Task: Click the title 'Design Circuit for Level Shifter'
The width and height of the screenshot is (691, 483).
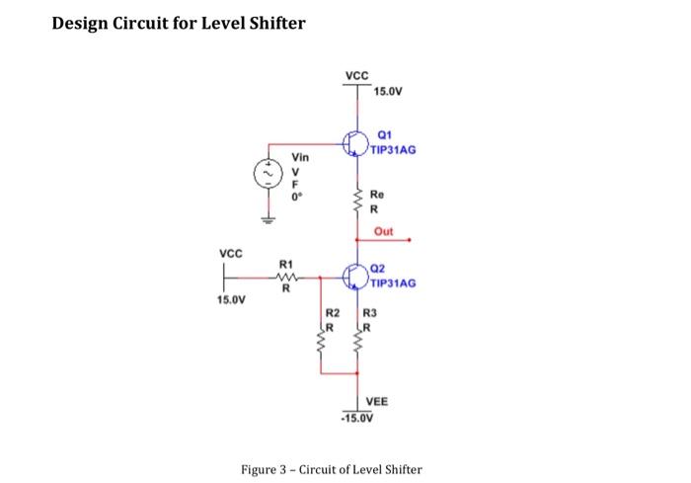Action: coord(179,23)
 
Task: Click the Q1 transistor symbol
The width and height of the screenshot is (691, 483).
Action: coord(356,144)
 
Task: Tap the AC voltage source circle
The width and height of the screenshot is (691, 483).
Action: coord(266,175)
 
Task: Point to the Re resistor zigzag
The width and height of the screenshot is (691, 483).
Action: coord(356,201)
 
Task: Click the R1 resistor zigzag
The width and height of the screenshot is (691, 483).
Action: coord(285,278)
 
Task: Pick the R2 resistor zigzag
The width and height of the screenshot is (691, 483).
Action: coord(321,346)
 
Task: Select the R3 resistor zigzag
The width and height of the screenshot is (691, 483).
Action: coord(356,346)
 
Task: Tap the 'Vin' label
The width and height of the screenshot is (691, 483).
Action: coord(300,157)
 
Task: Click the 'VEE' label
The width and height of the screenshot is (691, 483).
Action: coord(376,402)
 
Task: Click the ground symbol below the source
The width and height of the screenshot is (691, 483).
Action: coord(266,220)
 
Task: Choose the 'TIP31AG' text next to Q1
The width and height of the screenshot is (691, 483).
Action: coord(394,150)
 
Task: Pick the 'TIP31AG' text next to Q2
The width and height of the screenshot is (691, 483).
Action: coord(394,282)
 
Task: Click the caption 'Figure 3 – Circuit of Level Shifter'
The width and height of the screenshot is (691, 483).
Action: coord(332,468)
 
